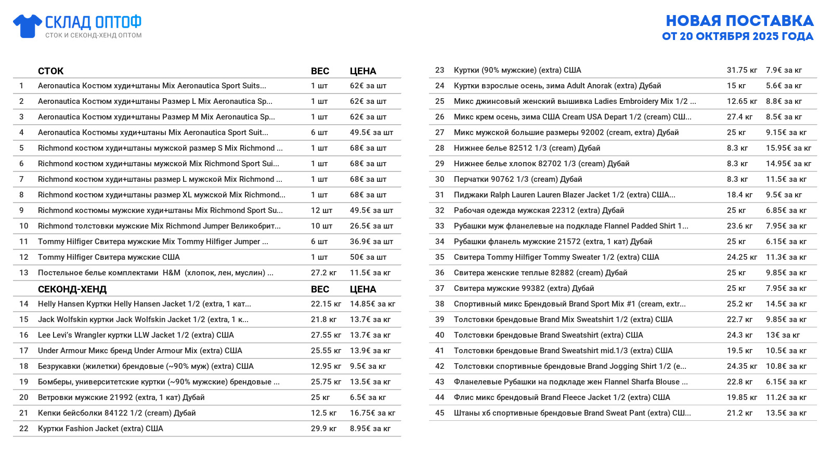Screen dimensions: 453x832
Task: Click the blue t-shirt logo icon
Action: click(27, 26)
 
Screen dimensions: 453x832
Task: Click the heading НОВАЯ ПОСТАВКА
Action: click(739, 21)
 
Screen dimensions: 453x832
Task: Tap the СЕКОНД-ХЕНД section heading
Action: click(72, 289)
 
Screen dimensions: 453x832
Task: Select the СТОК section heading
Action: click(50, 71)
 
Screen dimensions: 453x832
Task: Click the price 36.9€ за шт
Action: click(371, 242)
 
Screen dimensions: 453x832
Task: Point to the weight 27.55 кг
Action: click(326, 335)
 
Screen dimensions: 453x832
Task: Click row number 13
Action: click(24, 273)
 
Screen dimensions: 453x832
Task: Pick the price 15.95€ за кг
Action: click(788, 148)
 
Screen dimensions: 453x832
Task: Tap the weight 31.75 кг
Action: click(742, 70)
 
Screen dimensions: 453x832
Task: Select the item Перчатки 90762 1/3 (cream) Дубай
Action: click(518, 179)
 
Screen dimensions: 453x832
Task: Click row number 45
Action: click(440, 413)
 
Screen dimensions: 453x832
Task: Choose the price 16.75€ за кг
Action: click(372, 413)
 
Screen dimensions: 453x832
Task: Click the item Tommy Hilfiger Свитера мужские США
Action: click(109, 257)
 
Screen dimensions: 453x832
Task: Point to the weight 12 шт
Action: click(321, 210)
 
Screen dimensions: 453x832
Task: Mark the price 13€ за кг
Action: click(783, 335)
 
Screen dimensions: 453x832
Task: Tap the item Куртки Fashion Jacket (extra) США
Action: click(100, 429)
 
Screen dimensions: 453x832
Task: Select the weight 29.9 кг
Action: click(323, 429)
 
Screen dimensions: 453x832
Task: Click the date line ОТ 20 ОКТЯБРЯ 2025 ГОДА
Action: click(737, 36)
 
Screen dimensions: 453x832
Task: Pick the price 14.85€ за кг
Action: click(372, 304)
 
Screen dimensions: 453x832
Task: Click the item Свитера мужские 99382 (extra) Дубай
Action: click(524, 288)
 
